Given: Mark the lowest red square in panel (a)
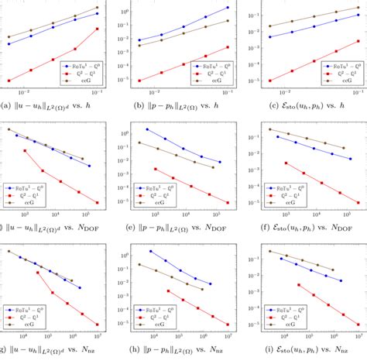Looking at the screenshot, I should [x=9, y=80].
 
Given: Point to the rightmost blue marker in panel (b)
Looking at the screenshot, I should [x=228, y=8].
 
